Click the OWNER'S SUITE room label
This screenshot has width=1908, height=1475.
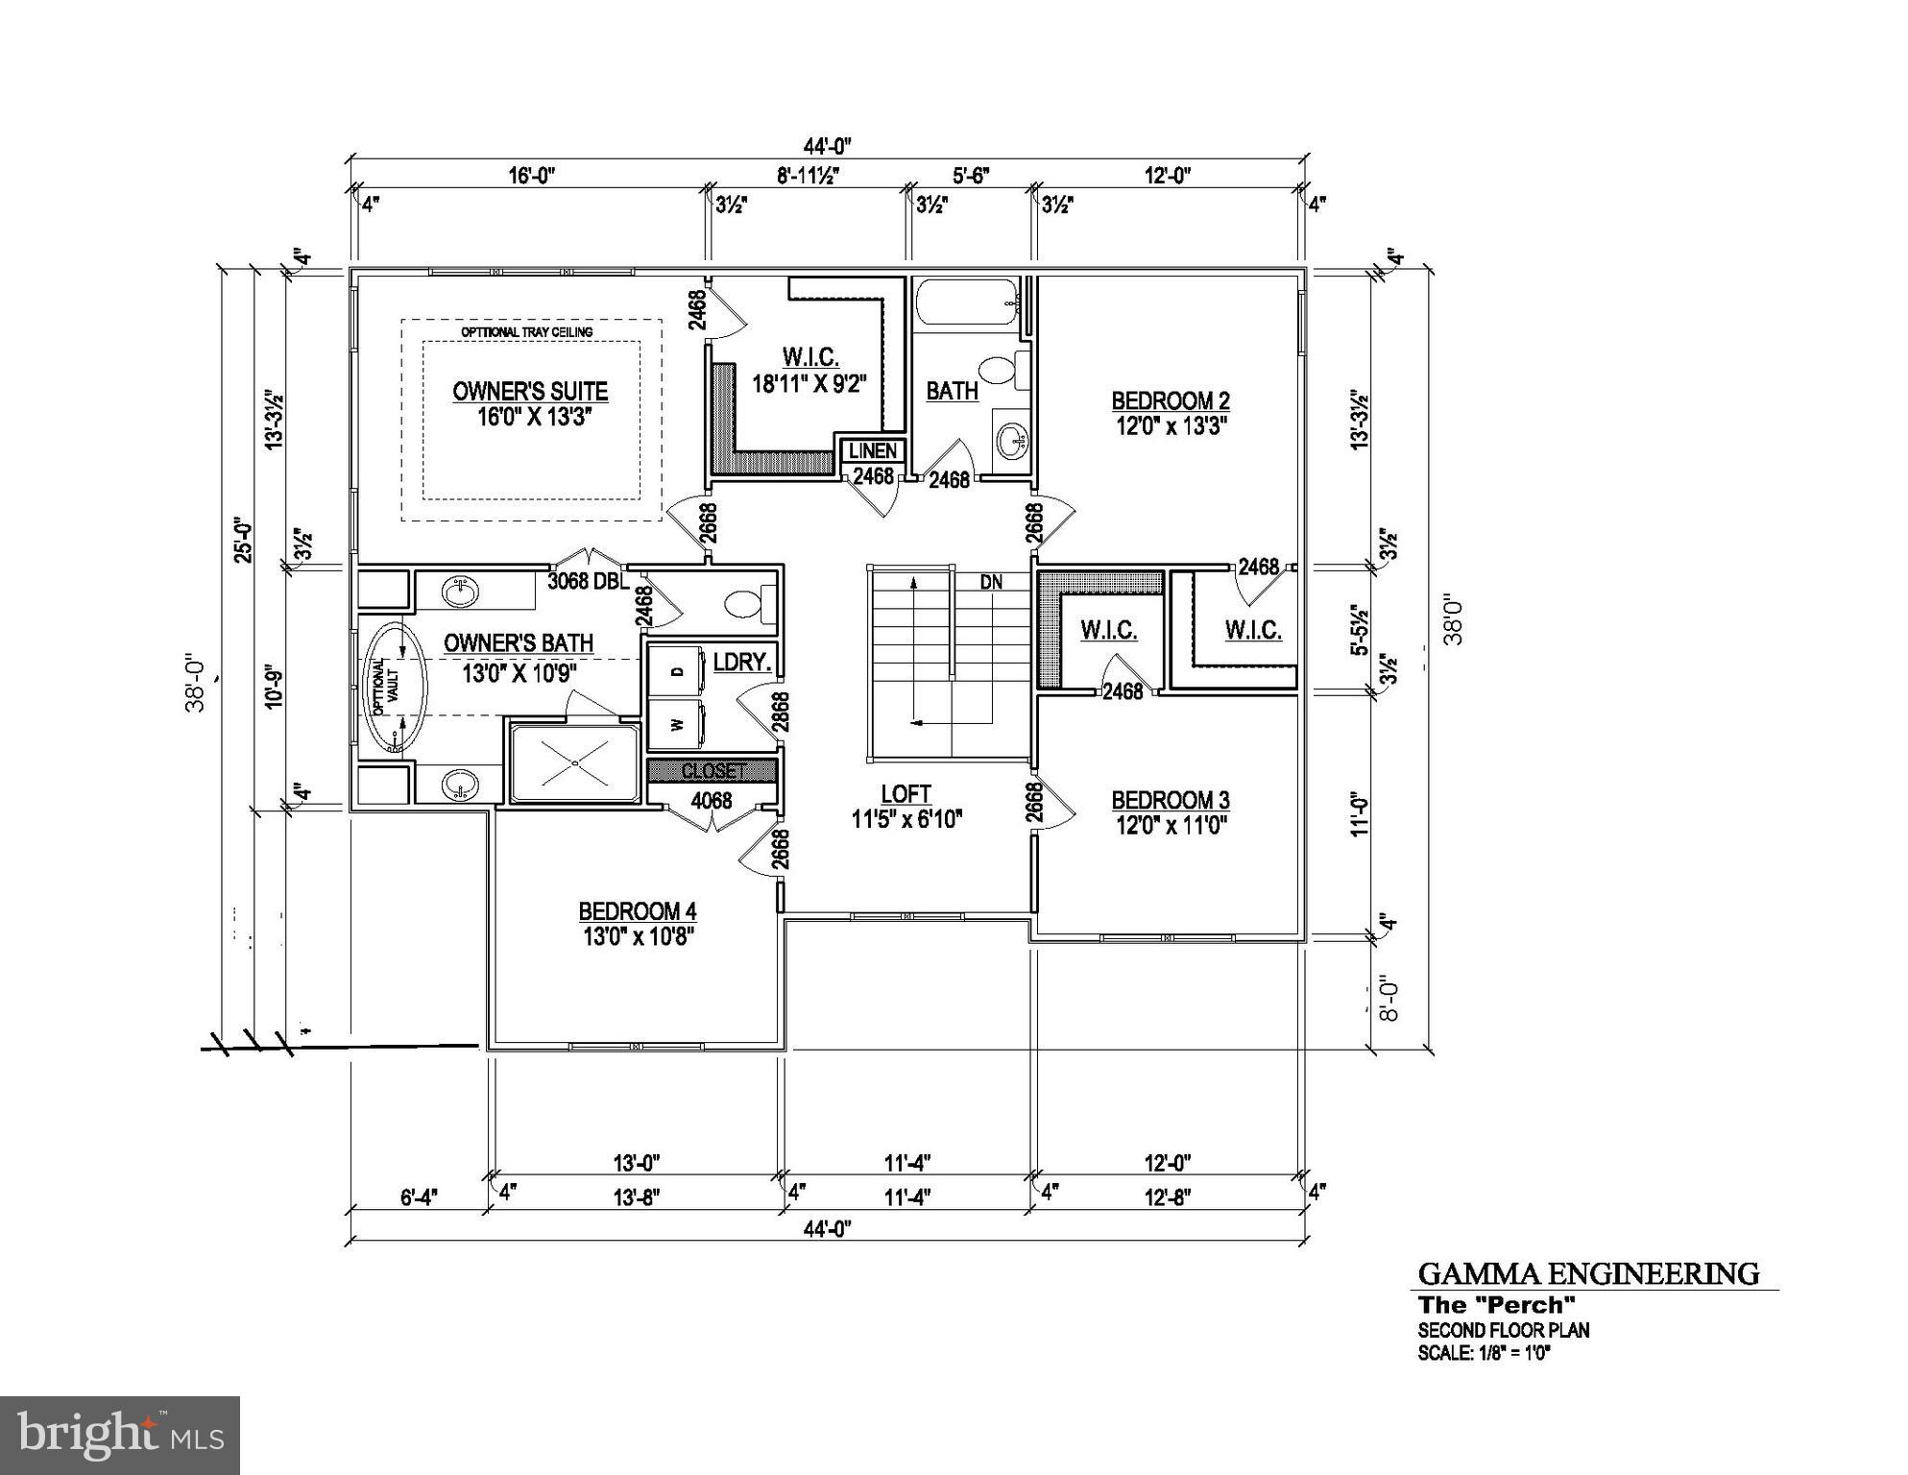point(530,392)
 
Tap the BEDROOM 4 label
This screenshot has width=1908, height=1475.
point(637,911)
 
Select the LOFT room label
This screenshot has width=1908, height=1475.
point(906,794)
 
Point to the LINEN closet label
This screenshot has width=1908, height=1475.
point(873,450)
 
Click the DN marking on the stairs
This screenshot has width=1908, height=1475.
point(991,582)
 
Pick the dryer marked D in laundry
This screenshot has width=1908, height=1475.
point(678,672)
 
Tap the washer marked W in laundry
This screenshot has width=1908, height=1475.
point(678,725)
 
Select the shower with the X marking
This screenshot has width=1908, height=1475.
point(574,764)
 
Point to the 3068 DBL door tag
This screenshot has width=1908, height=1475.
point(588,581)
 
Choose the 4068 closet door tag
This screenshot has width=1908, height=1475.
point(712,801)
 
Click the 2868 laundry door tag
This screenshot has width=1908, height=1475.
point(782,713)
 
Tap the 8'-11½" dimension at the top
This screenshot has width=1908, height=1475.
point(809,176)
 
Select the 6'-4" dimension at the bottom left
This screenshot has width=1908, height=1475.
point(419,1197)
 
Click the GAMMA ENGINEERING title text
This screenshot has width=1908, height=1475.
point(1589,1274)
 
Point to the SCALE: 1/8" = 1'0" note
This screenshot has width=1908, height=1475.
point(1485,1353)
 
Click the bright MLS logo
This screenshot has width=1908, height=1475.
point(120,1436)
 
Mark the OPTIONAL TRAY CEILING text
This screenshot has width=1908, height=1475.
point(527,332)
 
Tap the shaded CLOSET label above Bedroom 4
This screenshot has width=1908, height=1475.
point(712,771)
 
